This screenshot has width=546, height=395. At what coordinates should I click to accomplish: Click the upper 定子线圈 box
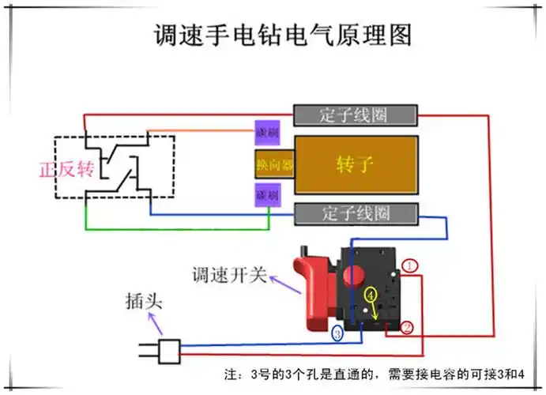(x=355, y=115)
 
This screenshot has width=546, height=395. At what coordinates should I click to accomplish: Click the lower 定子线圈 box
(x=355, y=213)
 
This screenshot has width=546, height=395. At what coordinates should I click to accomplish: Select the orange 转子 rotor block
(x=356, y=164)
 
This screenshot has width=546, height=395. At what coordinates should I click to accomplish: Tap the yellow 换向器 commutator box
(x=274, y=165)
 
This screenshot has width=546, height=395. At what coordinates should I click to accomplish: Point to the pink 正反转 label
(x=66, y=170)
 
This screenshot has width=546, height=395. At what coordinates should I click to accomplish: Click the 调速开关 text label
(x=228, y=276)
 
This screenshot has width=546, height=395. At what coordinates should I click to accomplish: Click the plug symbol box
(x=169, y=351)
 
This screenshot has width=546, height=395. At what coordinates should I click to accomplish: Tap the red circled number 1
(x=409, y=266)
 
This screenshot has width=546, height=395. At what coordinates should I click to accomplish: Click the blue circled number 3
(x=337, y=335)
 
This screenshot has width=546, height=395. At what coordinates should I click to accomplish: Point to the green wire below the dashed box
(x=174, y=228)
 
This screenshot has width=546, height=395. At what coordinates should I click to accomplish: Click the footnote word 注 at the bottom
(x=231, y=374)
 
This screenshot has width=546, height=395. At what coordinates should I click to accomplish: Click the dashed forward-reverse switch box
(x=115, y=167)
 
